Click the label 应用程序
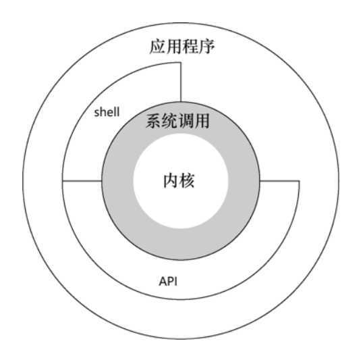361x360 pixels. point(182,47)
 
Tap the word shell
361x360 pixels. point(107,112)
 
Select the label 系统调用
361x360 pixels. point(177,120)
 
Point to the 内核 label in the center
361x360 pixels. point(179,181)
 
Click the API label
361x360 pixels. point(168,282)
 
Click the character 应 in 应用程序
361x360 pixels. point(157,47)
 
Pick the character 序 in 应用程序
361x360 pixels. point(206,47)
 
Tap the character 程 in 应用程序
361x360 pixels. point(190,47)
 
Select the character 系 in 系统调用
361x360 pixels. point(154,120)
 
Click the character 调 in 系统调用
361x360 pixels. point(186,120)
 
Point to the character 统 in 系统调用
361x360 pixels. point(169,120)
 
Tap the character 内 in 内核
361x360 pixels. point(171,181)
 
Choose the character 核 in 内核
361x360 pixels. point(187,181)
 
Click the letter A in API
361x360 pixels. point(163,282)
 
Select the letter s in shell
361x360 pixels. point(96,113)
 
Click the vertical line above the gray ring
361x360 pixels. point(181,82)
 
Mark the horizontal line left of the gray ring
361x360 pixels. point(82,181)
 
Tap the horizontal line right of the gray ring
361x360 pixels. point(279,181)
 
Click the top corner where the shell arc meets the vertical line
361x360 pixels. point(181,62)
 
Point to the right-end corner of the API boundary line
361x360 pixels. point(299,181)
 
